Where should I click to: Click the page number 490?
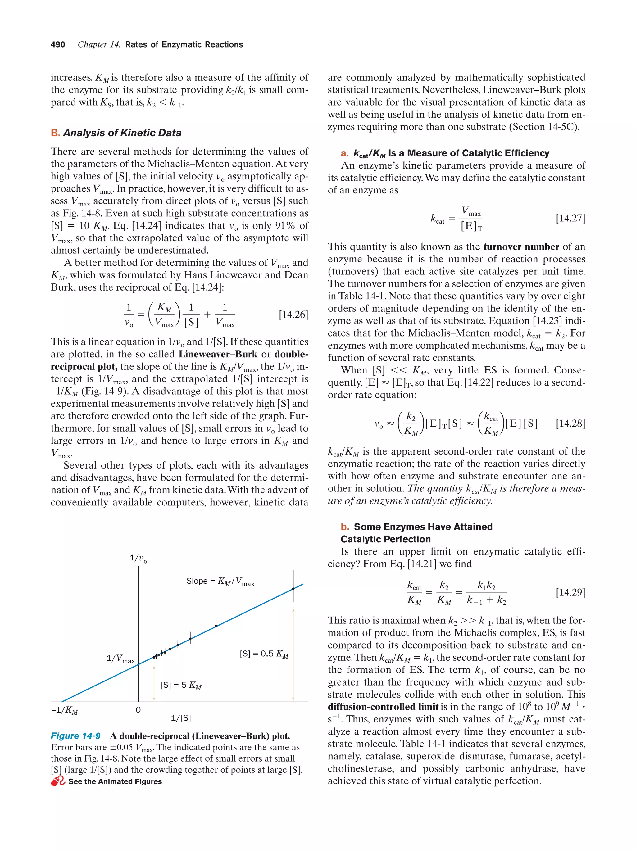point(58,45)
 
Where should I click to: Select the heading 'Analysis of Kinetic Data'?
point(122,133)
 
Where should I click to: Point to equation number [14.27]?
point(570,218)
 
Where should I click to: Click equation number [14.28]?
point(570,423)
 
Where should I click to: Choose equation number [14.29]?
point(570,592)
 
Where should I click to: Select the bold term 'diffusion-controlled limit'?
point(383,707)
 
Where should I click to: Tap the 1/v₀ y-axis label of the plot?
point(138,558)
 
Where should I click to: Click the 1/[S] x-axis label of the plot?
point(181,718)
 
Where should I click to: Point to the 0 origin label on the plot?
point(138,710)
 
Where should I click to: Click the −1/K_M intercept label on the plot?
point(65,710)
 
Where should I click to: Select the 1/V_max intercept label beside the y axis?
point(120,659)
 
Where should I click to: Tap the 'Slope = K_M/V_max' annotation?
point(220,581)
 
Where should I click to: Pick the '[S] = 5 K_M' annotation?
point(181,685)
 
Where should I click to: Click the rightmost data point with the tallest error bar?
point(293,589)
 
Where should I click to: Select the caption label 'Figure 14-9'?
point(75,736)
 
